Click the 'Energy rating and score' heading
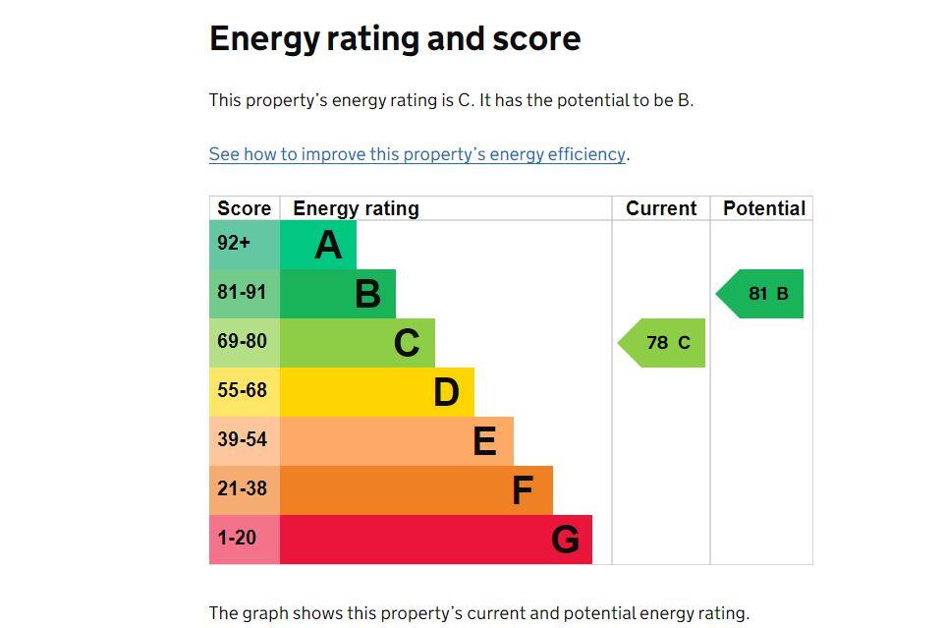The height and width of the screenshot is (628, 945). click(394, 39)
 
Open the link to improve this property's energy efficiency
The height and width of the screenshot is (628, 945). click(417, 154)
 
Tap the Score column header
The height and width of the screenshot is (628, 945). click(244, 208)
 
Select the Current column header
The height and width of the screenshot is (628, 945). click(661, 208)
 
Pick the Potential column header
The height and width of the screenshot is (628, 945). click(763, 208)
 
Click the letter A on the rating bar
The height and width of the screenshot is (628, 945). click(328, 245)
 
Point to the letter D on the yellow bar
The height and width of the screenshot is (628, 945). click(446, 392)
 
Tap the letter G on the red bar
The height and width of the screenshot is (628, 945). click(565, 540)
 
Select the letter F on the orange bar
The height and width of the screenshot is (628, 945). click(523, 490)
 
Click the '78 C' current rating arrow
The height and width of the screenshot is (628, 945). click(663, 343)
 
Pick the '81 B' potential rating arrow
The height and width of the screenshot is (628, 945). click(761, 294)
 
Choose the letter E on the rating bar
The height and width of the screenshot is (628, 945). click(484, 441)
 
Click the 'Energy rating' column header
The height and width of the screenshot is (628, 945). click(356, 208)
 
